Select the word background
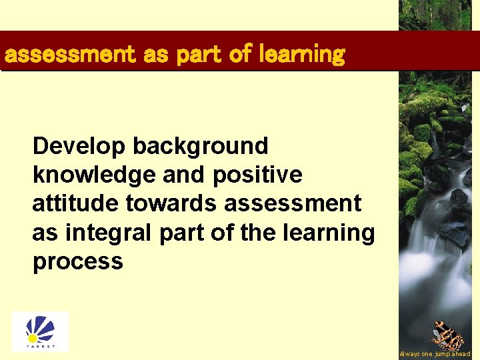(x=202, y=146)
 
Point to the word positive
(x=257, y=175)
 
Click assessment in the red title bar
(x=69, y=54)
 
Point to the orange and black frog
(x=447, y=335)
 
